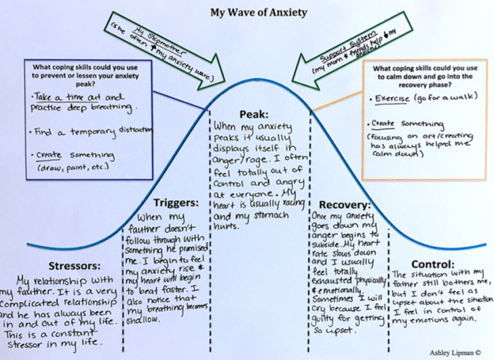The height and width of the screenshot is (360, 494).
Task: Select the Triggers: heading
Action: (x=174, y=202)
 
